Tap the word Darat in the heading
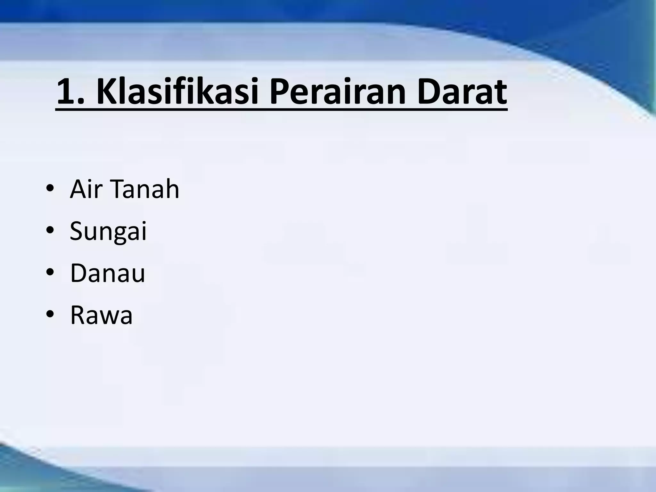462,93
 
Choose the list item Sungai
108,231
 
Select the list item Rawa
101,315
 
